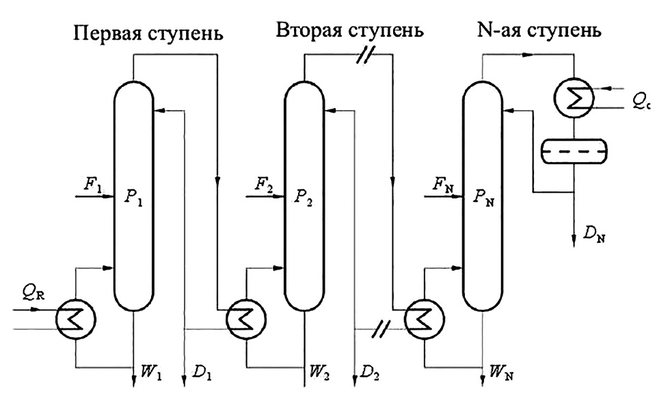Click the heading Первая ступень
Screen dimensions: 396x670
150,33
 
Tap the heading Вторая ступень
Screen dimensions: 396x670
350,31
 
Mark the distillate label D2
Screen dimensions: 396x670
369,375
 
